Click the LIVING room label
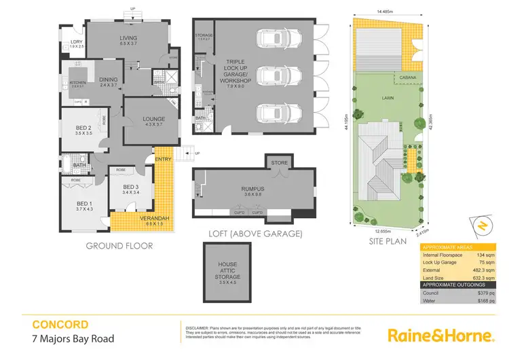click(128, 39)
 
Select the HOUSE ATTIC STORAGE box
click(227, 271)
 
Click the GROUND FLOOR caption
click(119, 246)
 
